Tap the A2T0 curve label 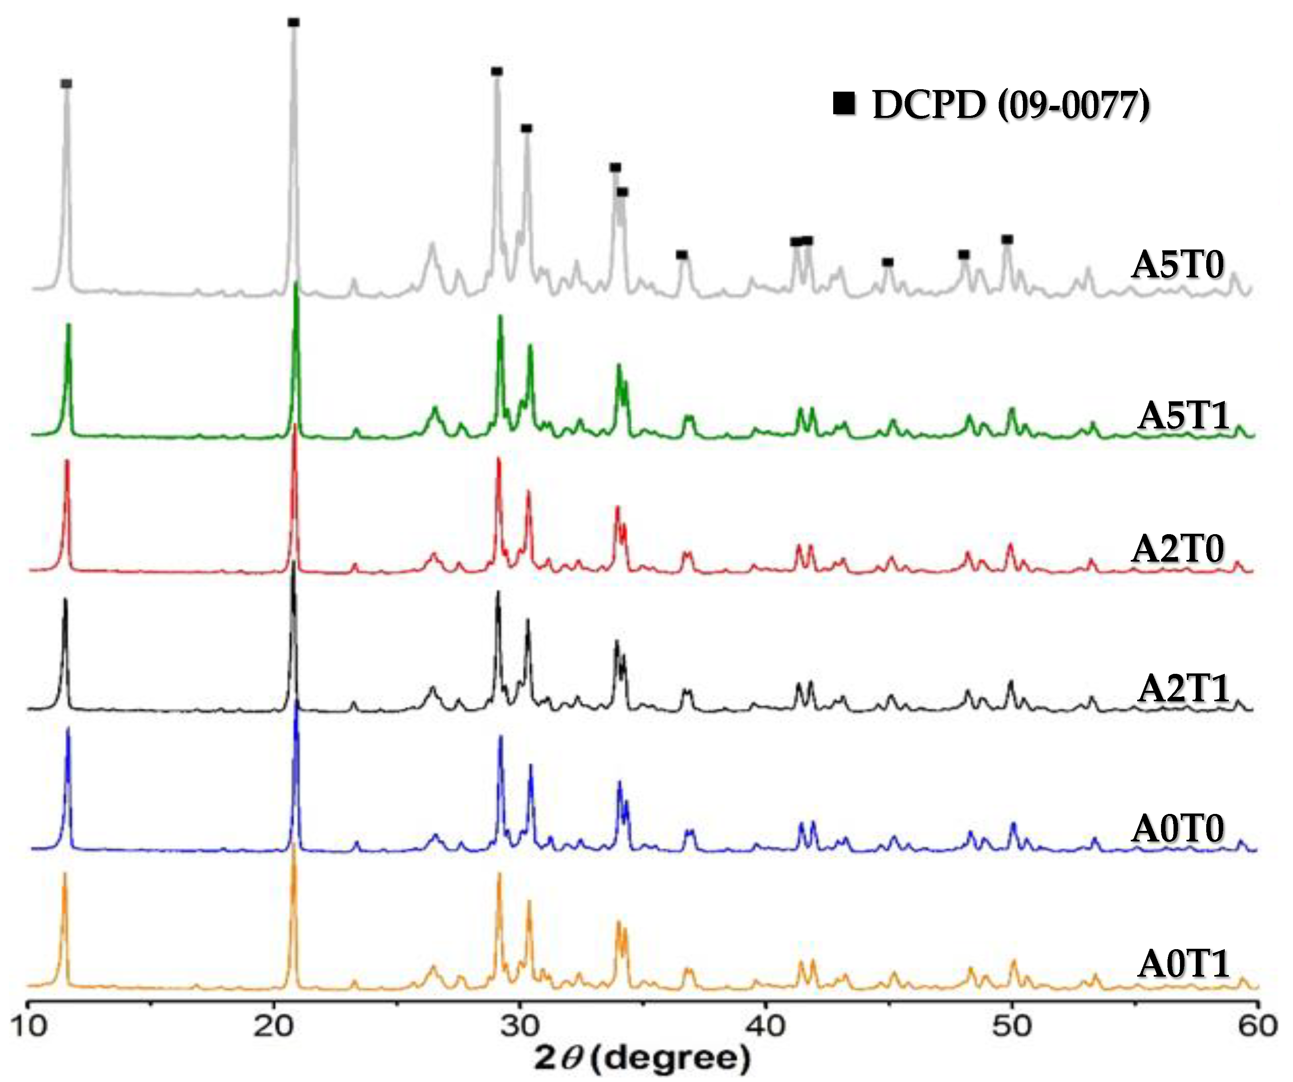coord(1177,549)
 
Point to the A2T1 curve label coord(1182,688)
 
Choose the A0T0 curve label coord(1177,829)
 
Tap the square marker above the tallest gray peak coord(294,23)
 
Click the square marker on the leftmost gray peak coord(67,84)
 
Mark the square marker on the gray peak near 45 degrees coord(887,262)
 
